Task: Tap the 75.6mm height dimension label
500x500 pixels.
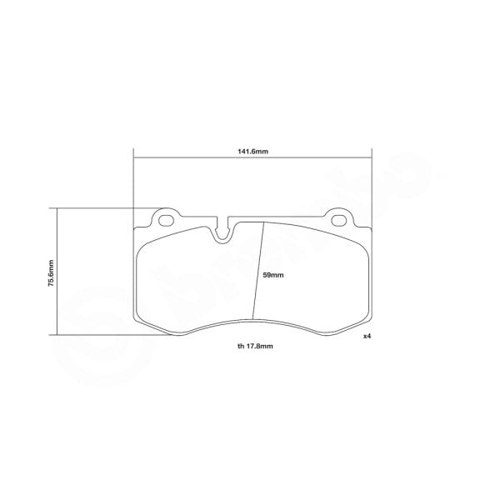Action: click(x=51, y=271)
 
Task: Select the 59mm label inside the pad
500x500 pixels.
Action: click(x=274, y=275)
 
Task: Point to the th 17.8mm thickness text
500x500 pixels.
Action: click(x=255, y=346)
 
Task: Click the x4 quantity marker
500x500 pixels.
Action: click(x=367, y=336)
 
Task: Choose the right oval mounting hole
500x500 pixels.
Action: click(x=339, y=221)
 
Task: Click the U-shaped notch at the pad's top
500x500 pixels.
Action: click(x=222, y=232)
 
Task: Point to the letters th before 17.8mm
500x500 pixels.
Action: click(x=239, y=346)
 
